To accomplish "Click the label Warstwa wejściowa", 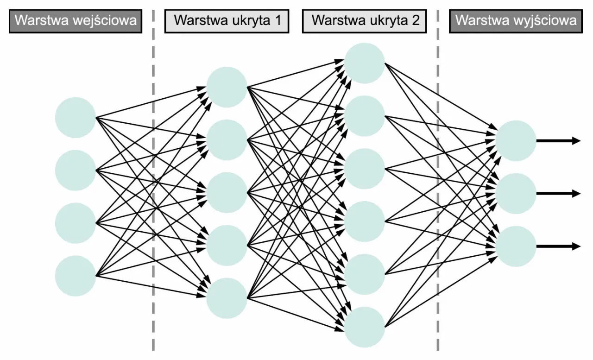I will click(x=76, y=21).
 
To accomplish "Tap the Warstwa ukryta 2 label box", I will click(x=364, y=21).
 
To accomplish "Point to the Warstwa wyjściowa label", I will click(x=516, y=21).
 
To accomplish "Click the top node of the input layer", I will click(x=75, y=117).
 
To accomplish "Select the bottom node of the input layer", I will click(x=75, y=276).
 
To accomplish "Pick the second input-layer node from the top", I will click(x=75, y=171).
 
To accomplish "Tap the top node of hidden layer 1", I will click(x=227, y=87).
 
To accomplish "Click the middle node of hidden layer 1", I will click(x=227, y=193).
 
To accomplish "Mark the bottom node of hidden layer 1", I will click(x=227, y=298).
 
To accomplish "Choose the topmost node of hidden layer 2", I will click(x=365, y=63).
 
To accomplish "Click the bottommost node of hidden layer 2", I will click(x=365, y=327).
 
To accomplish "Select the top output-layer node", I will click(x=516, y=141).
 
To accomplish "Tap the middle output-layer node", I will click(x=516, y=194).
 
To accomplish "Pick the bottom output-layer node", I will click(x=516, y=246).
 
